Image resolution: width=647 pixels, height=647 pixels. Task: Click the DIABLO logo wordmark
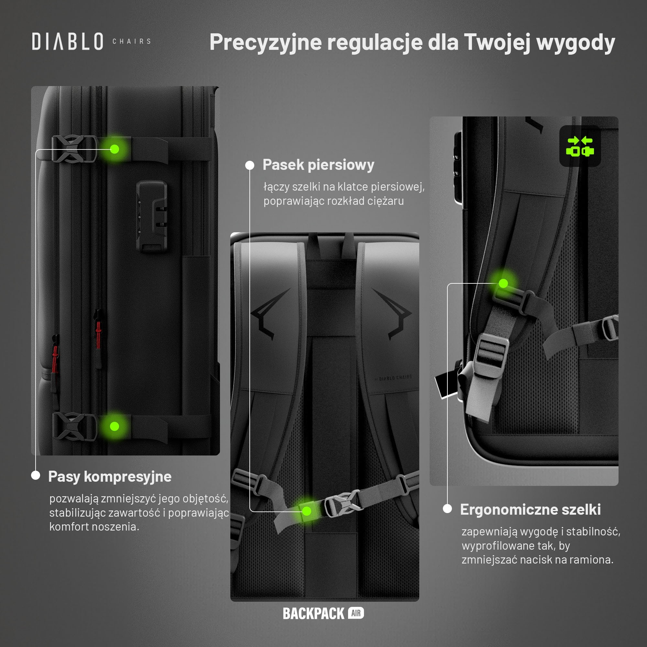coord(68,41)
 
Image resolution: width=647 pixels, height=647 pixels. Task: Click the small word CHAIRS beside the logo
coord(132,41)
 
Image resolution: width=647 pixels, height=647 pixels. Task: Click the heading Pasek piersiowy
coord(318,165)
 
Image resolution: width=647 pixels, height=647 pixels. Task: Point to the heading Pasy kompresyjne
coord(110,477)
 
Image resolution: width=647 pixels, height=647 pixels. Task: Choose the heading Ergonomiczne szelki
coord(531,510)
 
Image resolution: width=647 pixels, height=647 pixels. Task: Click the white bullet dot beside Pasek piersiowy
coord(250,165)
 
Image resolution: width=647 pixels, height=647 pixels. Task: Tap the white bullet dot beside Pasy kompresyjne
coord(36,475)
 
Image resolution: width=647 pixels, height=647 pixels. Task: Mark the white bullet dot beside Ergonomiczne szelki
coord(447,509)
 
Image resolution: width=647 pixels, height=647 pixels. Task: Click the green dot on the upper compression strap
coord(115,149)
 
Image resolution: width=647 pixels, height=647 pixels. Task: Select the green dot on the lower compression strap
coord(115,426)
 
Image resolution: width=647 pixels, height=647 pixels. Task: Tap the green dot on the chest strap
coord(307,511)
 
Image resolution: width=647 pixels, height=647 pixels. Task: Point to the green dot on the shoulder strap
coord(503,283)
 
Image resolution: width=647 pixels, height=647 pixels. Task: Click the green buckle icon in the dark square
coord(580,146)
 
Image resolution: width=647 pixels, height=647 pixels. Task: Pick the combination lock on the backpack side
coord(152,216)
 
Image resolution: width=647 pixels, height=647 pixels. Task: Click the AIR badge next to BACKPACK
coord(356,613)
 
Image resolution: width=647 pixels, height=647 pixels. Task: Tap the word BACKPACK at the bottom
coord(314,613)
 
